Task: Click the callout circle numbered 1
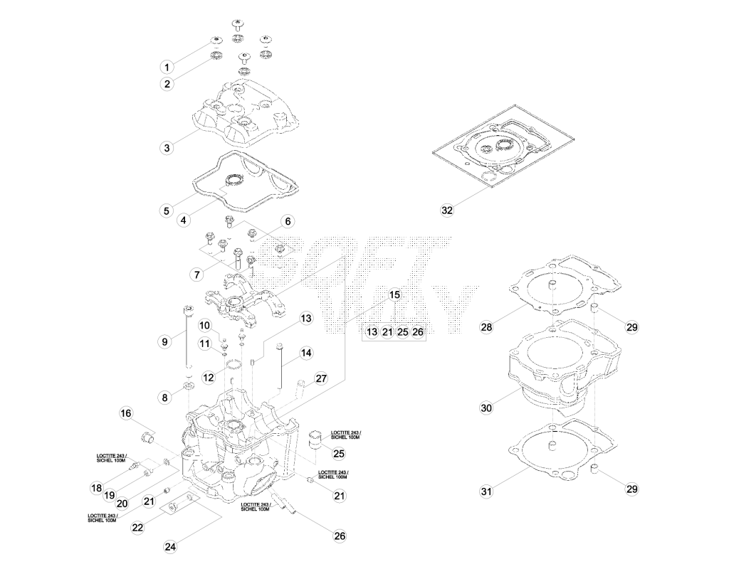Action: [167, 67]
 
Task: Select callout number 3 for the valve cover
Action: [167, 148]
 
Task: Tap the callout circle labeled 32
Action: [447, 210]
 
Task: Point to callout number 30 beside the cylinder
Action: [486, 408]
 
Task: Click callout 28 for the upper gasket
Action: [486, 327]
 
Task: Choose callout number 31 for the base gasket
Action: [486, 491]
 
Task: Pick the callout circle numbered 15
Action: [394, 294]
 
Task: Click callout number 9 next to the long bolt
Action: [164, 342]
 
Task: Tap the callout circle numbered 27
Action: [321, 378]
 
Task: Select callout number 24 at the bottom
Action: [171, 547]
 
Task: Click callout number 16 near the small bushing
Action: [126, 413]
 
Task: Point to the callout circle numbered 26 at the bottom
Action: [340, 536]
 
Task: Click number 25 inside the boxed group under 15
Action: [403, 331]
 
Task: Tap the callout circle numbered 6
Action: [288, 221]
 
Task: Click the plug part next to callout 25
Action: [315, 440]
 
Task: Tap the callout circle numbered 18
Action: [96, 488]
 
